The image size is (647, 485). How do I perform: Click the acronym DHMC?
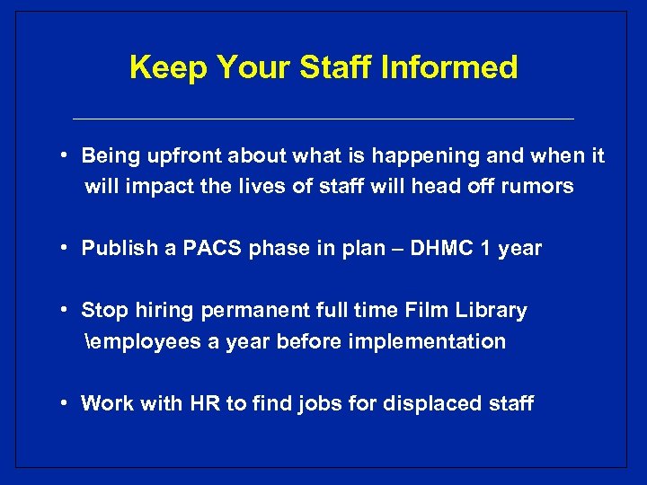[439, 249]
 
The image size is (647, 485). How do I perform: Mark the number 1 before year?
[484, 249]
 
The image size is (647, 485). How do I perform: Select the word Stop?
[103, 311]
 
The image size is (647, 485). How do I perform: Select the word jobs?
[322, 403]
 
